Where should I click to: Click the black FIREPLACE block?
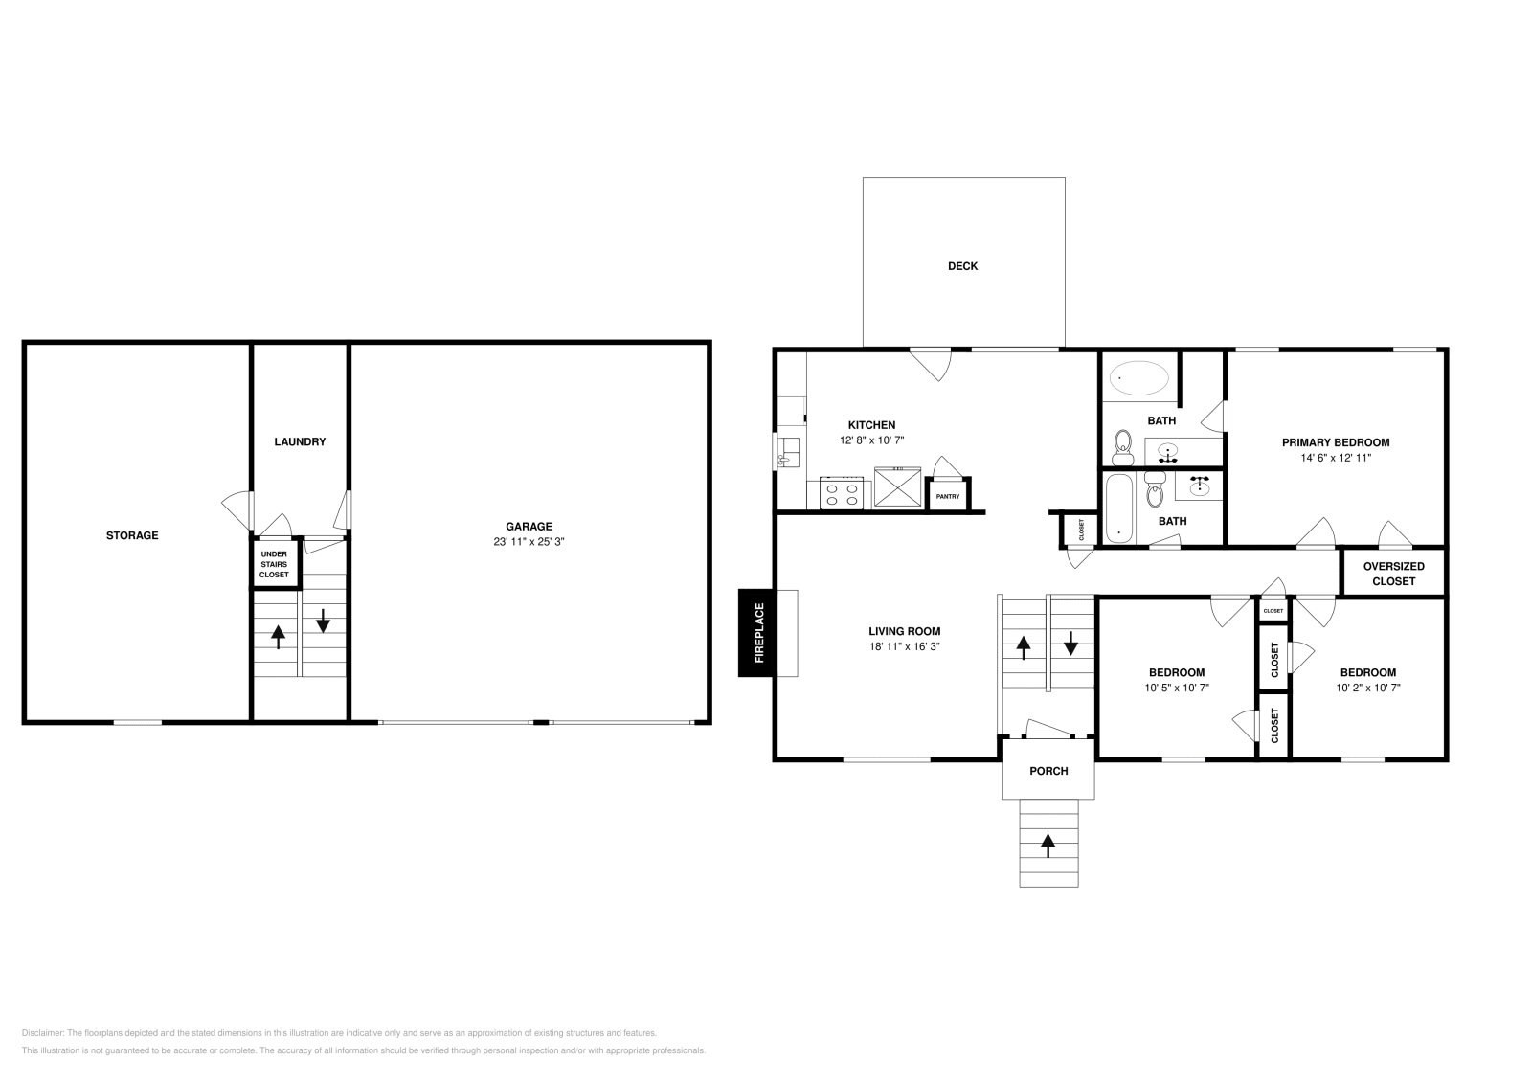(757, 632)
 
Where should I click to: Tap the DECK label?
(962, 266)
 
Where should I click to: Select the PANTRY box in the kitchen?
(948, 495)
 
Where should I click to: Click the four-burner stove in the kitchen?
(842, 494)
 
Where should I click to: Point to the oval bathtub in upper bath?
(1139, 378)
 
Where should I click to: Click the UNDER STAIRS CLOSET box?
(274, 564)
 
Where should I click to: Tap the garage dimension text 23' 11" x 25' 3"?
(529, 542)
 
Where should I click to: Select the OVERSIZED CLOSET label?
(1393, 574)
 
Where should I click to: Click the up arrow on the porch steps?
(1048, 845)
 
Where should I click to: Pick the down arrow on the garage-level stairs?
(323, 621)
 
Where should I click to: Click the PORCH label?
(1048, 771)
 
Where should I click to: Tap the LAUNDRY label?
(300, 441)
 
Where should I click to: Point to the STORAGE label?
(132, 535)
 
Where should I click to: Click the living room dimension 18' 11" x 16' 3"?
(904, 646)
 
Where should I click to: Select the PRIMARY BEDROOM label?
(1336, 442)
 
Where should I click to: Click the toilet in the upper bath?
(1123, 445)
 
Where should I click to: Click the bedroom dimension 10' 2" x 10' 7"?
(1367, 688)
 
